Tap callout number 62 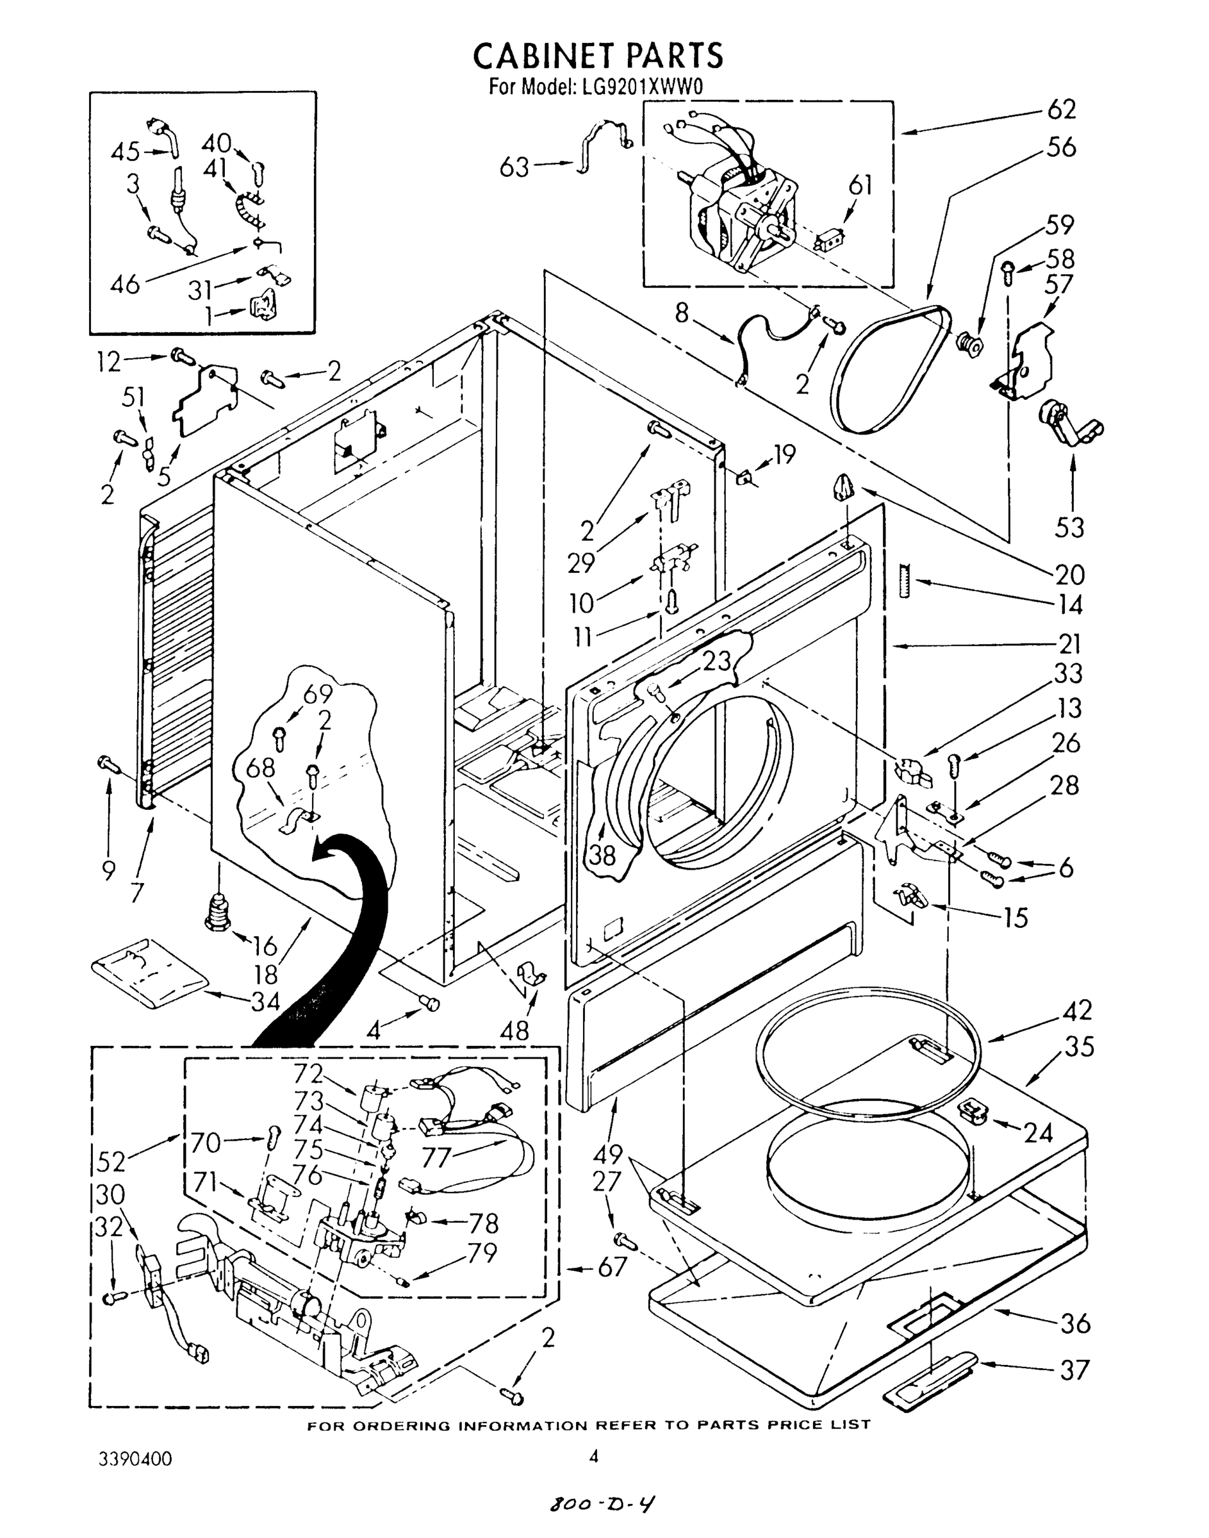pyautogui.click(x=1061, y=110)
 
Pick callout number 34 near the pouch pyautogui.click(x=265, y=1000)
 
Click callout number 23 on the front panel pyautogui.click(x=716, y=661)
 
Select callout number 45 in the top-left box pyautogui.click(x=126, y=153)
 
